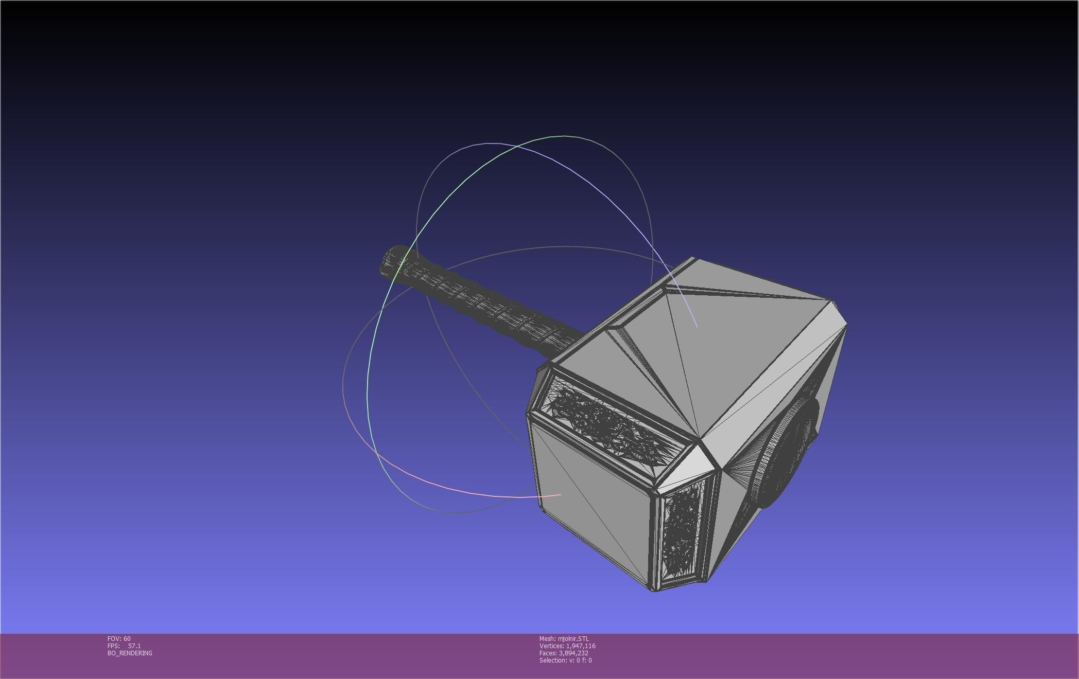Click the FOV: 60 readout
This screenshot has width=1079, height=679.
pos(119,638)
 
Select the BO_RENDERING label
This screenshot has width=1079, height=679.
pos(130,653)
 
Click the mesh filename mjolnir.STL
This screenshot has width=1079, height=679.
pos(573,638)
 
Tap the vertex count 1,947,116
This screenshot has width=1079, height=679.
pos(581,646)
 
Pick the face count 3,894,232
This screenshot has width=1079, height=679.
pos(573,653)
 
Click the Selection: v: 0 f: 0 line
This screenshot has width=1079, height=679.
pos(565,660)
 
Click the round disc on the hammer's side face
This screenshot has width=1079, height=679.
pos(788,448)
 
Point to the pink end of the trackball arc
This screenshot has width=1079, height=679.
pos(560,495)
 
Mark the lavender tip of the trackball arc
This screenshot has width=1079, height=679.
pos(697,326)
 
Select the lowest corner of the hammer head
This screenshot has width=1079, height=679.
pos(654,591)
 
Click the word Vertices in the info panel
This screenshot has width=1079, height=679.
pos(551,646)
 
